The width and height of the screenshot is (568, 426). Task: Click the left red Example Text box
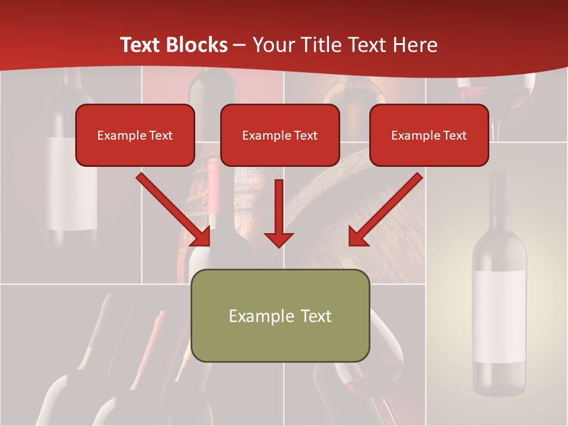[x=135, y=135]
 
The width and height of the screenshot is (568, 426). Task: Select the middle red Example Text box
[x=280, y=135]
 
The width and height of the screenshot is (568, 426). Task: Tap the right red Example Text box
[x=429, y=135]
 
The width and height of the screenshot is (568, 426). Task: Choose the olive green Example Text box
[x=280, y=315]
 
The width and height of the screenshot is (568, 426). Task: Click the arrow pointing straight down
[x=279, y=213]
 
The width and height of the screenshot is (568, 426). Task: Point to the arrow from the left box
[x=174, y=209]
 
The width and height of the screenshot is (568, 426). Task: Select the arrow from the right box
[x=385, y=209]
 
